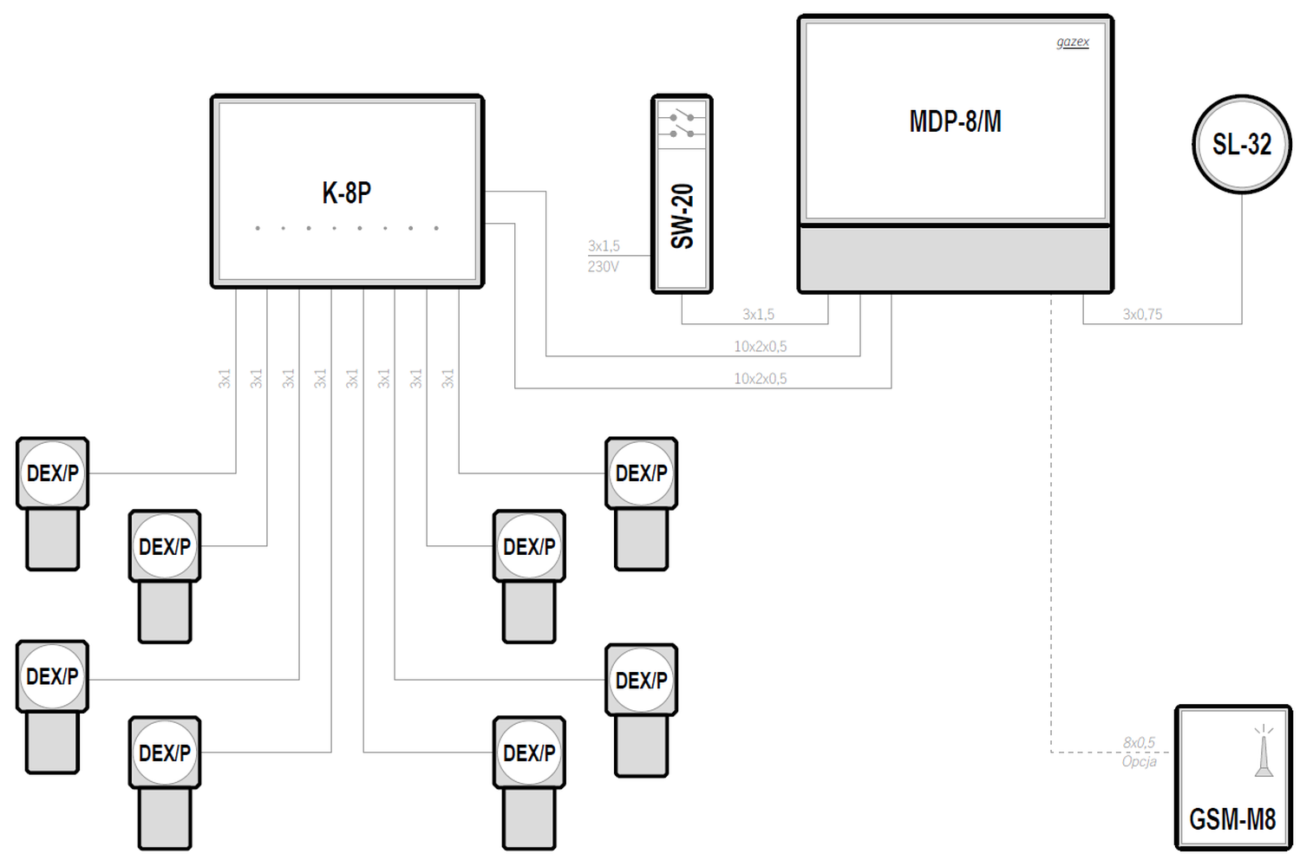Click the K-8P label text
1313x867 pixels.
pyautogui.click(x=346, y=192)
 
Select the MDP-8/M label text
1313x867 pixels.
pyautogui.click(x=955, y=121)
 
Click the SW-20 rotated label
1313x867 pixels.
pyautogui.click(x=682, y=216)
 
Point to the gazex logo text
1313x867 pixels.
pyautogui.click(x=1073, y=42)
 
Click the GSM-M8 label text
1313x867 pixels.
pyautogui.click(x=1232, y=819)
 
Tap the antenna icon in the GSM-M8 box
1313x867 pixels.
pyautogui.click(x=1264, y=751)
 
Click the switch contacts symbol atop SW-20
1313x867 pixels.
pyautogui.click(x=682, y=126)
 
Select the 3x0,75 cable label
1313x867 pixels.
pyautogui.click(x=1142, y=315)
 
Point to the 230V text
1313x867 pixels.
pyautogui.click(x=603, y=266)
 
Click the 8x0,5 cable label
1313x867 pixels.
pyautogui.click(x=1139, y=742)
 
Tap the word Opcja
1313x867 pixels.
pyautogui.click(x=1139, y=761)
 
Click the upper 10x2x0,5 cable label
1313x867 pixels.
pyautogui.click(x=761, y=347)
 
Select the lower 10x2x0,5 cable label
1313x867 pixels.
pyautogui.click(x=761, y=379)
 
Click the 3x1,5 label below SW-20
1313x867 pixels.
pyautogui.click(x=759, y=315)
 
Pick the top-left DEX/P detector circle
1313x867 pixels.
pyautogui.click(x=52, y=473)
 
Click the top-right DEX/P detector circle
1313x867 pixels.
pyautogui.click(x=641, y=473)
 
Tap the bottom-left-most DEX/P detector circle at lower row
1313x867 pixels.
pyautogui.click(x=165, y=753)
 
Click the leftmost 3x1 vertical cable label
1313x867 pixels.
pyautogui.click(x=225, y=378)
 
